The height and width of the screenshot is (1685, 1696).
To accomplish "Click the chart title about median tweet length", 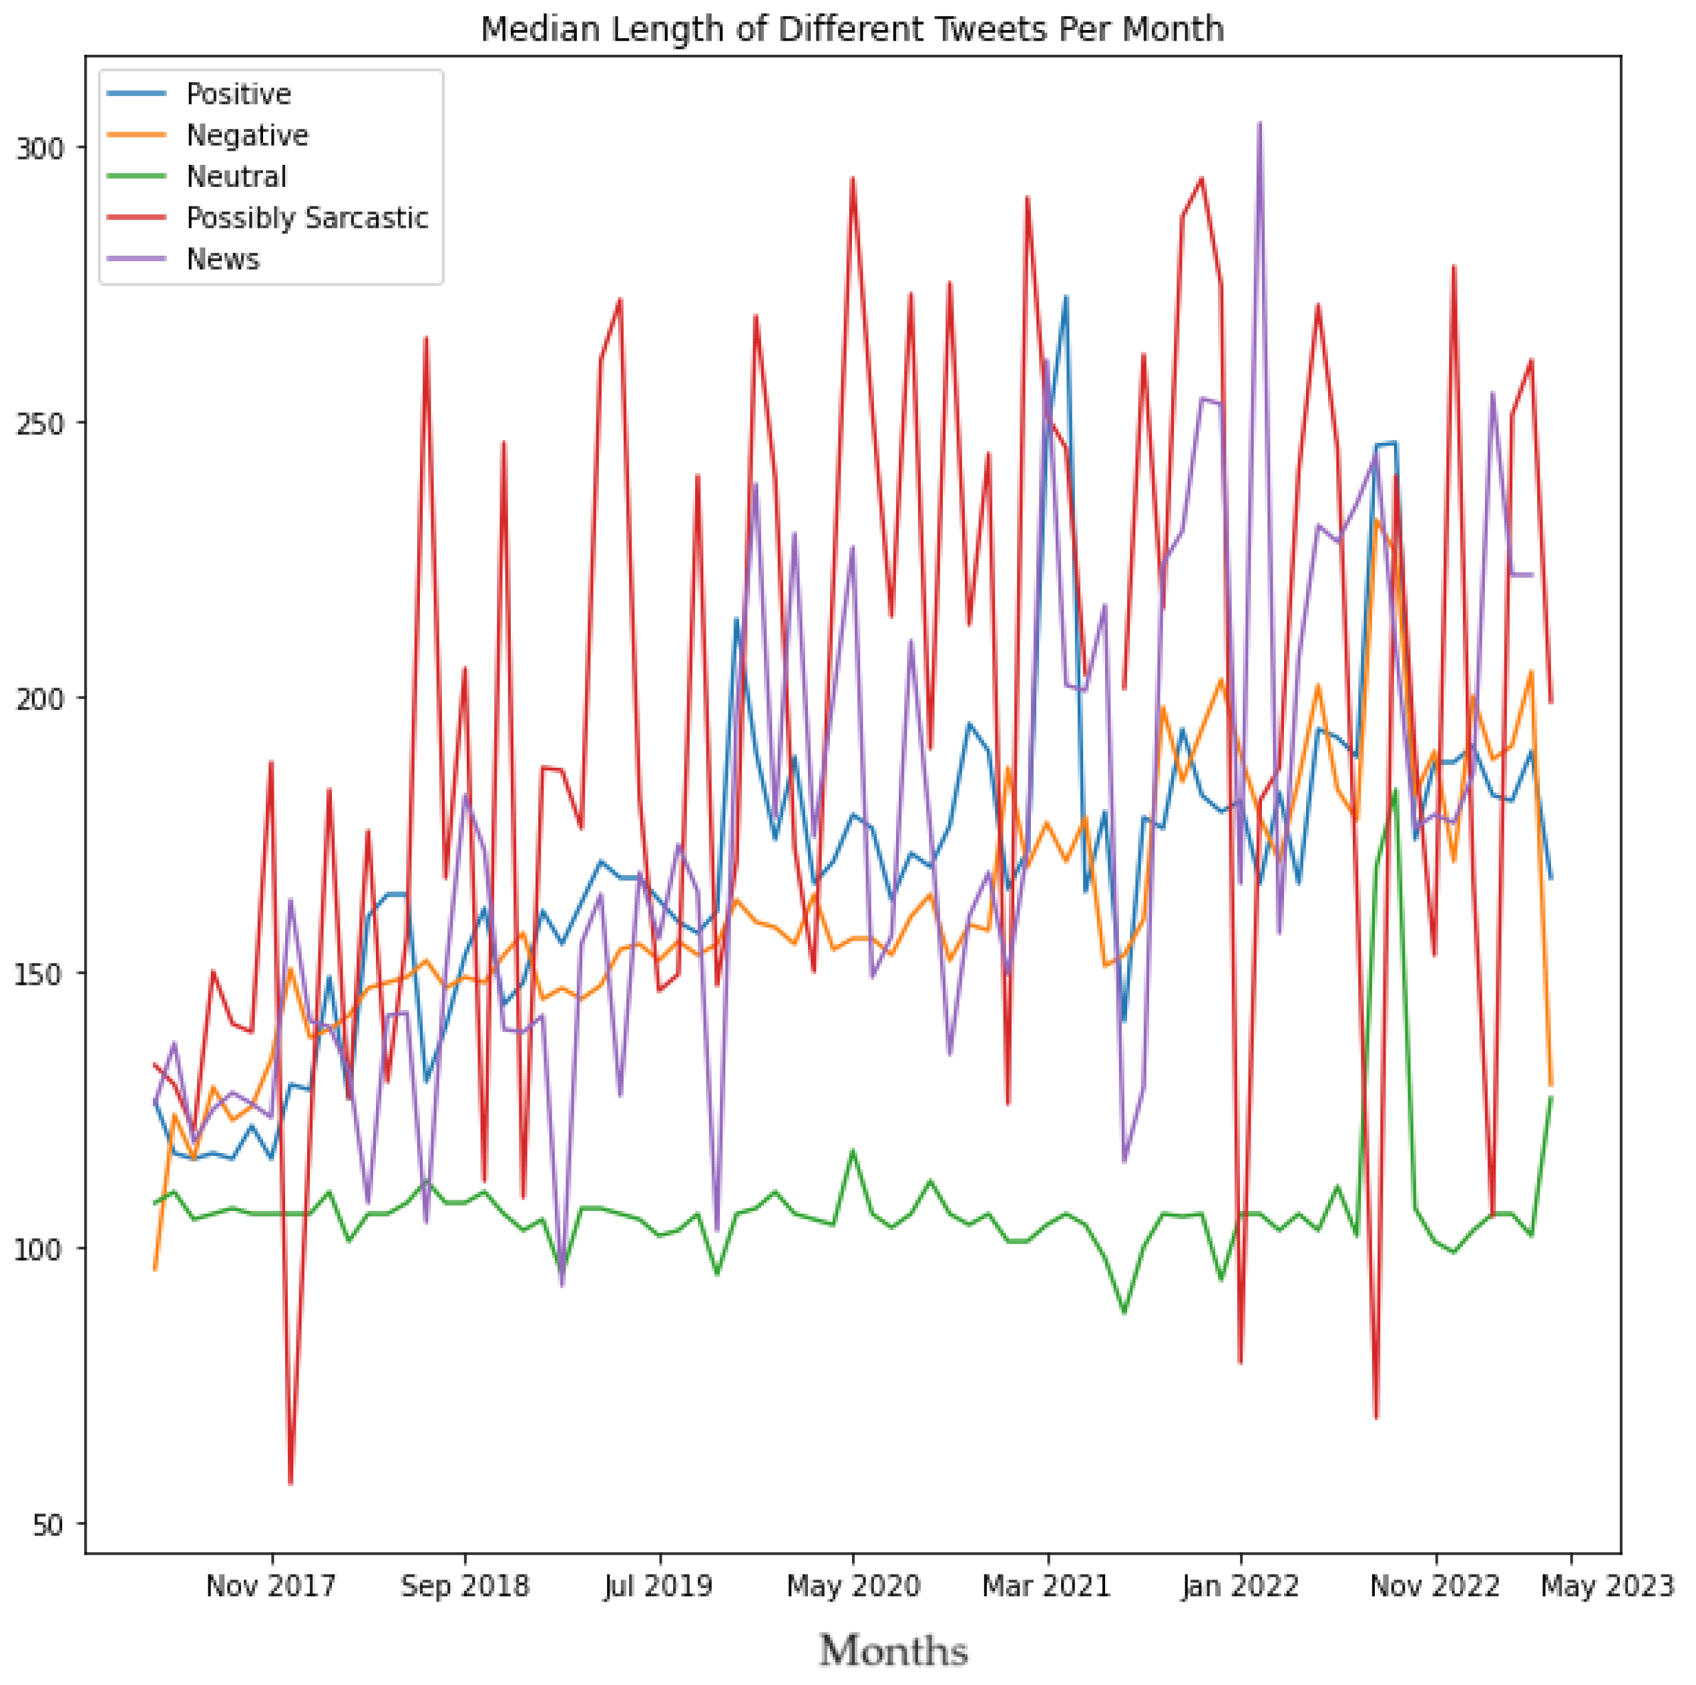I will (x=851, y=29).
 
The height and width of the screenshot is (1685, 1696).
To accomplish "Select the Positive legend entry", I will (x=238, y=94).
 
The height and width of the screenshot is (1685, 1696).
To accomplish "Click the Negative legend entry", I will (x=246, y=135).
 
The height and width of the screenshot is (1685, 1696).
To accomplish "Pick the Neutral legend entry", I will (x=236, y=176).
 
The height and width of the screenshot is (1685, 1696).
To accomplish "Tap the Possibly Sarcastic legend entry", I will (x=306, y=218).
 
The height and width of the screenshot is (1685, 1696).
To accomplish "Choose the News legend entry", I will (x=223, y=259).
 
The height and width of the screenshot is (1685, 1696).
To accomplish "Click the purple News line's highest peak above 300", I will (x=1260, y=123).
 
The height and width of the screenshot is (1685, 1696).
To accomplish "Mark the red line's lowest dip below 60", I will (x=290, y=1483).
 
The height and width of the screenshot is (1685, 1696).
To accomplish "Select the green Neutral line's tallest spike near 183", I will (x=1396, y=789).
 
